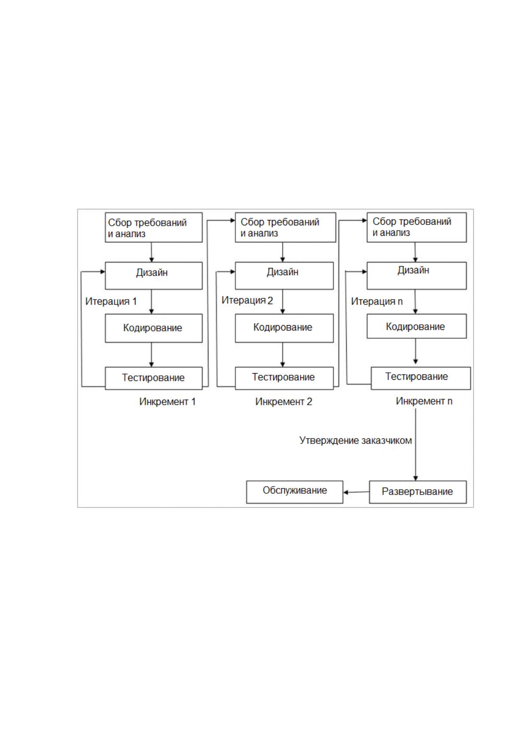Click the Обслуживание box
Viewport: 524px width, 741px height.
(x=294, y=492)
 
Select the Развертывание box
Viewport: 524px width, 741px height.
(x=418, y=492)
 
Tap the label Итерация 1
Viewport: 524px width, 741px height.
(x=111, y=301)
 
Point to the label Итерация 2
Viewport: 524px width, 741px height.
(x=247, y=301)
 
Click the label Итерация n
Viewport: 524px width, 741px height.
(x=377, y=301)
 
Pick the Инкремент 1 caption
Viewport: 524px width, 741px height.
(x=167, y=402)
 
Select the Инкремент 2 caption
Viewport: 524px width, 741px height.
(x=283, y=402)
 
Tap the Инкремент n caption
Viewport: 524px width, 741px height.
(x=424, y=401)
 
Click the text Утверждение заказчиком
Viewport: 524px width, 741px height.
(x=355, y=440)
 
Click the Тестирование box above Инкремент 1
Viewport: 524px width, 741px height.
(x=154, y=378)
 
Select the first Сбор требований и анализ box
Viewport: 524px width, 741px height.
(x=154, y=227)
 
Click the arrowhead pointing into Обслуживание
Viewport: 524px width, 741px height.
(x=345, y=492)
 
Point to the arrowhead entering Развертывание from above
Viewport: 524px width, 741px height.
(x=415, y=478)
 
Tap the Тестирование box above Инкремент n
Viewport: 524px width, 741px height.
(x=421, y=378)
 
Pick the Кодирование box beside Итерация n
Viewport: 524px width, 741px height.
(x=417, y=326)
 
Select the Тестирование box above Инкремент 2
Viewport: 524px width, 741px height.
(x=284, y=378)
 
